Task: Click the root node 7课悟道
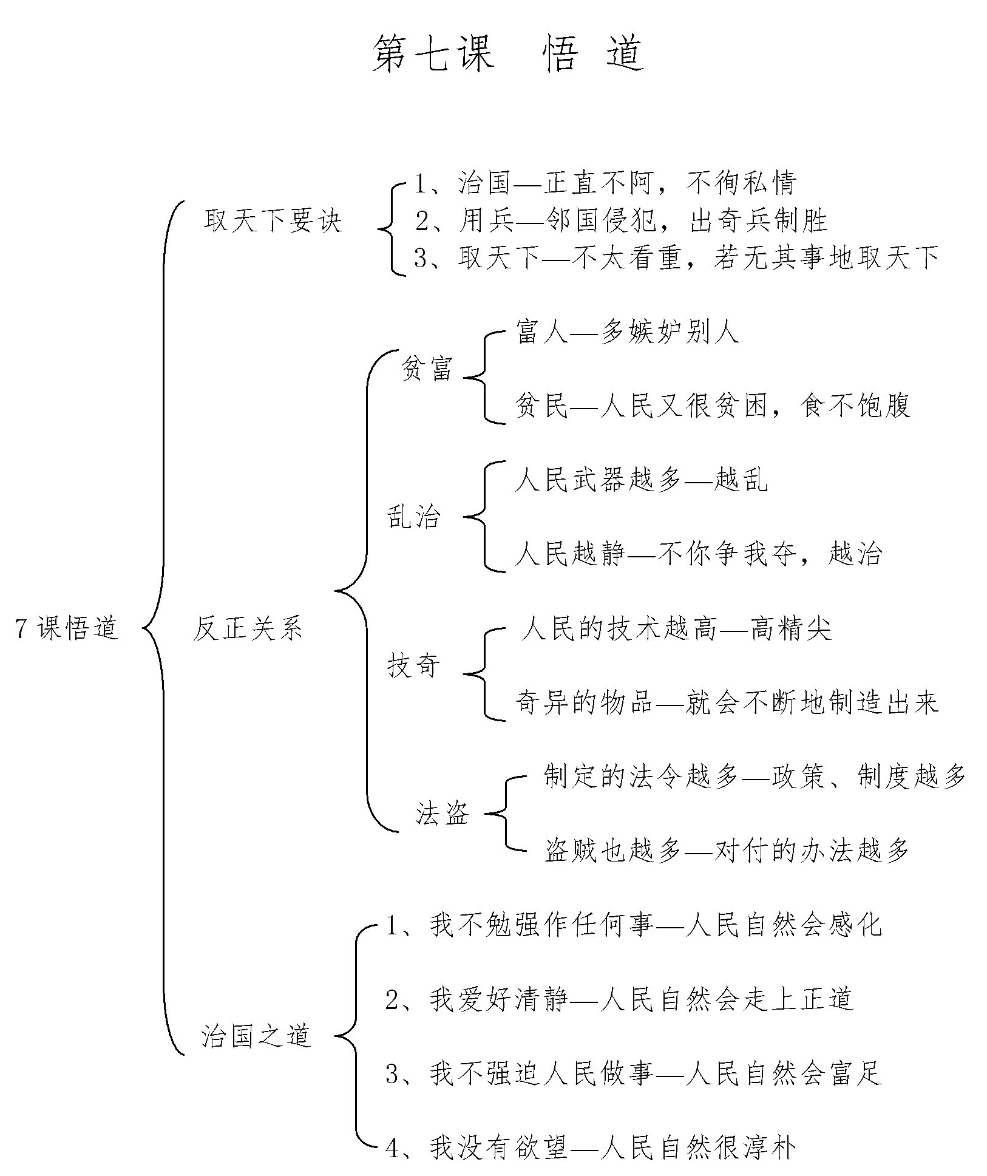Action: tap(67, 628)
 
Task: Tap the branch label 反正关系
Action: tap(248, 628)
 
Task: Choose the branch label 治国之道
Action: tap(256, 1036)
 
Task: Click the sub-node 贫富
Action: tap(427, 369)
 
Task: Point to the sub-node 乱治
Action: tap(414, 517)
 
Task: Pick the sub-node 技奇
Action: tap(414, 666)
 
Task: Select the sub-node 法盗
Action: tap(443, 814)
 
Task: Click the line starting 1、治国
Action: tap(605, 183)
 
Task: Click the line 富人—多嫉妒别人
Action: tap(627, 333)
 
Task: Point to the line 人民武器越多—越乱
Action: tap(641, 480)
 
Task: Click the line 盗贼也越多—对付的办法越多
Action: tap(727, 851)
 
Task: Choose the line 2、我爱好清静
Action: tap(619, 999)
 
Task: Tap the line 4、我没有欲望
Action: tap(590, 1147)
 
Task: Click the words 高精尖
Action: tap(790, 628)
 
